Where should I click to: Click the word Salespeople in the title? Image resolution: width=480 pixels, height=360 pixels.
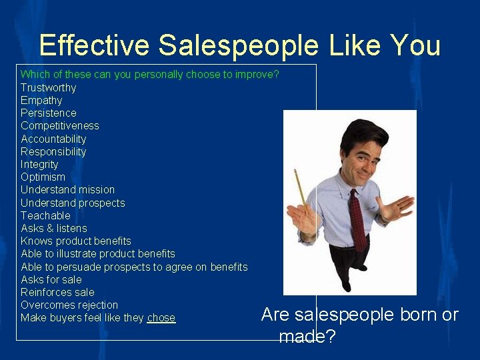pos(239,45)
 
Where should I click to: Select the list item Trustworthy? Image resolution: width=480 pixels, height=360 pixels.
pos(48,87)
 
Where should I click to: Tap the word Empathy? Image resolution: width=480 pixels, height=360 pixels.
pos(41,100)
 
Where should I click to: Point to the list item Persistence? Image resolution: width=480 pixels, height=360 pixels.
pos(48,113)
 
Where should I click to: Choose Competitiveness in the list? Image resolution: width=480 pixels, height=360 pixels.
pos(59,125)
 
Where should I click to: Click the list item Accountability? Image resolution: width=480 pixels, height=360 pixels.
pos(53,139)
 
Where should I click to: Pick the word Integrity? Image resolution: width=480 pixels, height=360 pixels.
pos(39,164)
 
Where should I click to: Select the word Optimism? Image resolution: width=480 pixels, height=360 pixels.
pos(43,177)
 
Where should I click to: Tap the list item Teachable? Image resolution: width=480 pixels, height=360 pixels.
pos(45,215)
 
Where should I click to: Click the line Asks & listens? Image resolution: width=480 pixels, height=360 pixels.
pos(53,228)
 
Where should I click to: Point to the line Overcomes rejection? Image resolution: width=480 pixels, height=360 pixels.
pos(69,305)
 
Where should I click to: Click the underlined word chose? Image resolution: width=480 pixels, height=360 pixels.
pos(161,318)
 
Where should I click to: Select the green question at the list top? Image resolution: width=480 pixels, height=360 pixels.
pos(149,75)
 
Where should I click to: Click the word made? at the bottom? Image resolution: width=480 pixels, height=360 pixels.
pos(307,337)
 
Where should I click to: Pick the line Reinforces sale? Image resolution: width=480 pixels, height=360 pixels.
pos(57,292)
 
